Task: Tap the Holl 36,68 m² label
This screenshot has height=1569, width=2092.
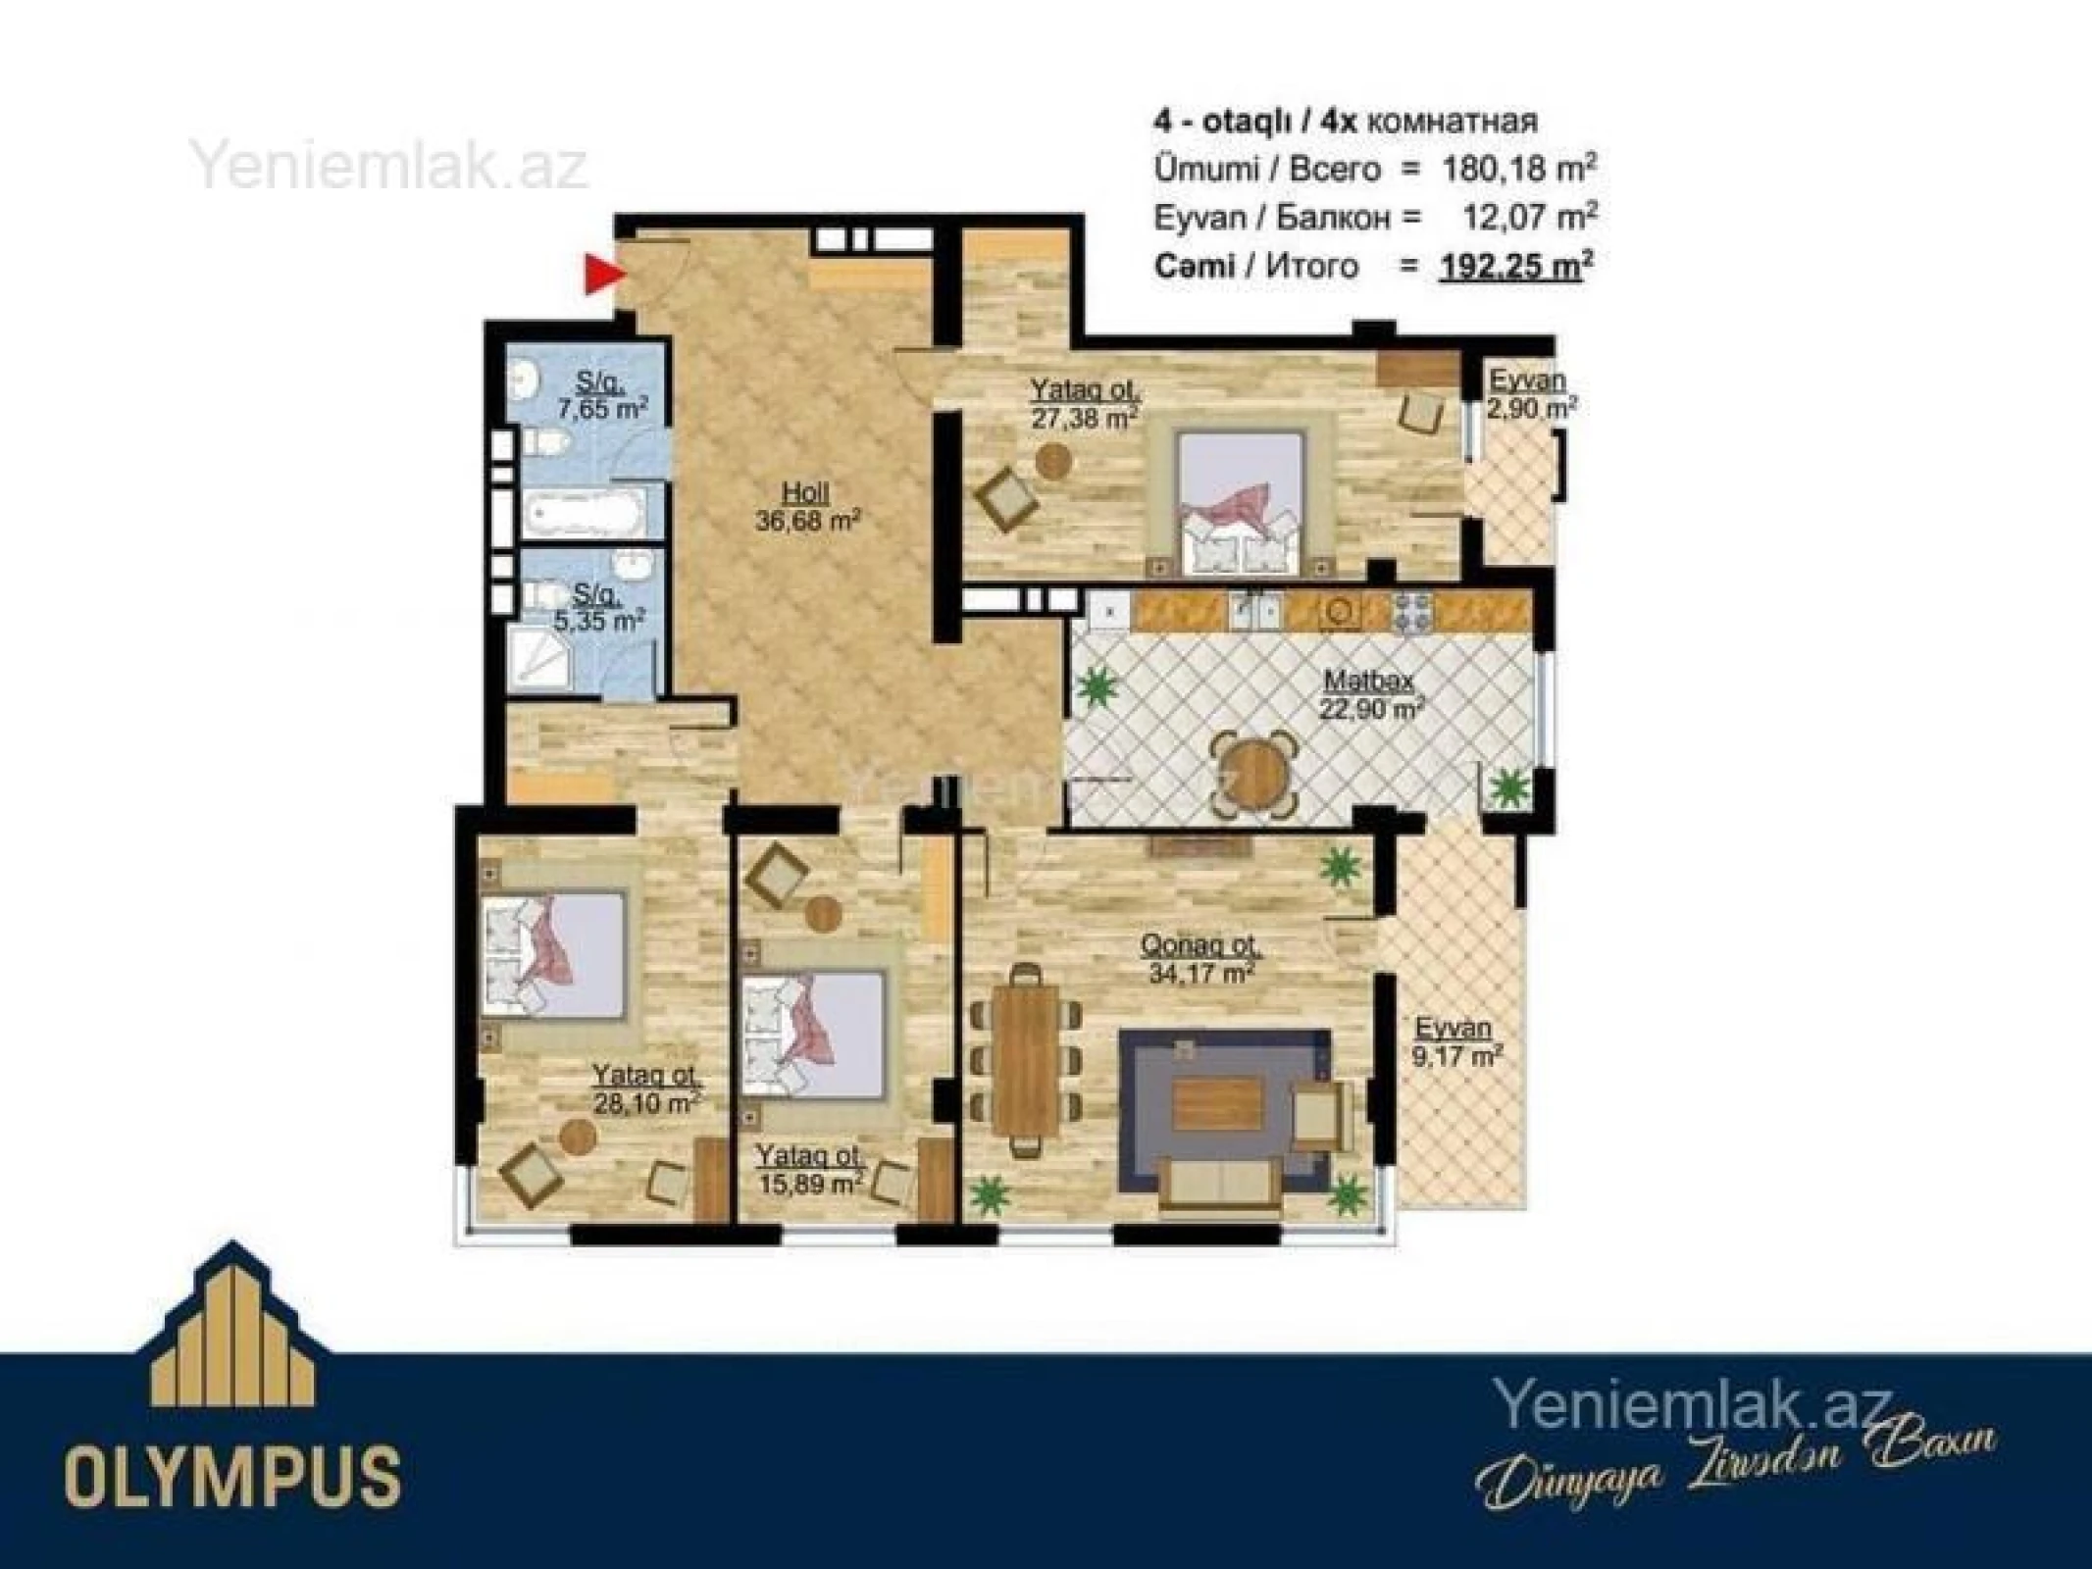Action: pos(807,507)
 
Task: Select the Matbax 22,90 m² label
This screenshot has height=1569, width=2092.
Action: pos(1370,693)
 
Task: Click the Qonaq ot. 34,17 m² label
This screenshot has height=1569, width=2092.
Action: pos(1200,959)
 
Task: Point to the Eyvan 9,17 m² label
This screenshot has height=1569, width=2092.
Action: pos(1457,1041)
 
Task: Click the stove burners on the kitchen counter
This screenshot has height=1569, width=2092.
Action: pos(1413,612)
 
